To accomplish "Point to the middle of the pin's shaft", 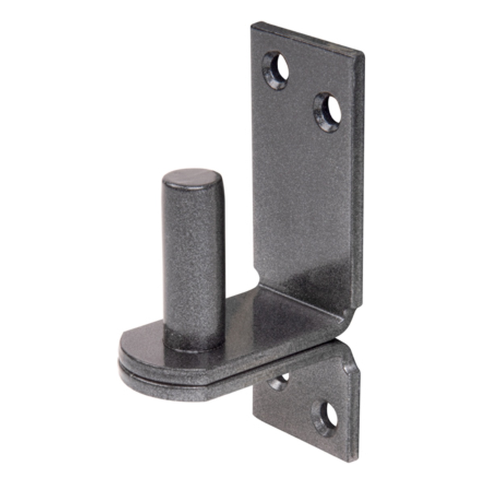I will click(x=193, y=258).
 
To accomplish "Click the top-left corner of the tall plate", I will click(x=253, y=25).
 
